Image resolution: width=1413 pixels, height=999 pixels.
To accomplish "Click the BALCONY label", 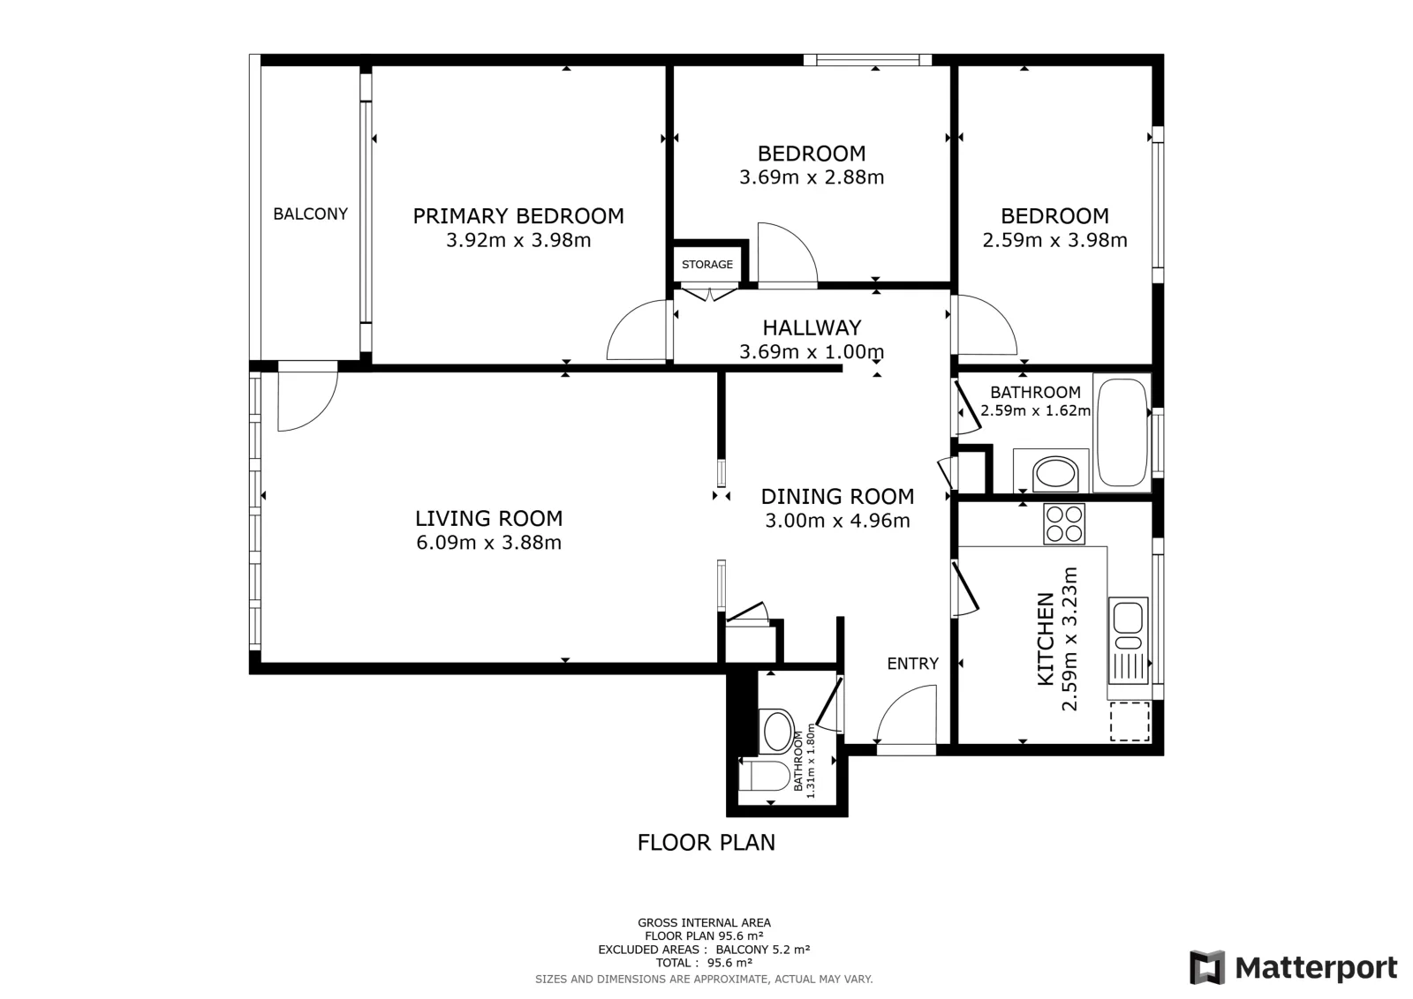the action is point(310,214).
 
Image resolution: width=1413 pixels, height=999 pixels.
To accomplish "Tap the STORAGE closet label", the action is point(707,265).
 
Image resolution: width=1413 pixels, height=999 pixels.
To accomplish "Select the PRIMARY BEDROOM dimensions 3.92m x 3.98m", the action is point(518,240).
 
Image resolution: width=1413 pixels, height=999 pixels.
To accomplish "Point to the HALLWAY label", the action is point(812,327).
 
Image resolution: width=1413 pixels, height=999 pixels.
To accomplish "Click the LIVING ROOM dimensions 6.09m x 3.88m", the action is point(489,543).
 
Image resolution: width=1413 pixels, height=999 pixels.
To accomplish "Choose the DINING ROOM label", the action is point(838,497).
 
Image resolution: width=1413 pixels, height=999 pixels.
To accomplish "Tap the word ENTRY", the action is point(913,664).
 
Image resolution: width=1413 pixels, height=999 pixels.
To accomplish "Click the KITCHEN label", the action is point(1046,639).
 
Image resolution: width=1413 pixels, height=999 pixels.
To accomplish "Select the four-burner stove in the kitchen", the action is point(1064,523).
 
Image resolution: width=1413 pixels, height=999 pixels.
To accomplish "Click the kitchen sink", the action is point(1128,641).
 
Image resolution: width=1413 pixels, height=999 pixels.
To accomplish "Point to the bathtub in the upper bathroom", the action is point(1122,432).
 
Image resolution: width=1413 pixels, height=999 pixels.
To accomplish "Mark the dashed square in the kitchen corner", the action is point(1130,722).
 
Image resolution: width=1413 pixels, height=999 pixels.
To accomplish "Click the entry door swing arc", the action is point(899,700).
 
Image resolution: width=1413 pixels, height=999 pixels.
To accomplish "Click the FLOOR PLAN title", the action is point(706,843).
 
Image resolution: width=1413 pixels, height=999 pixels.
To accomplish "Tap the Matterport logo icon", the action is point(1206,967).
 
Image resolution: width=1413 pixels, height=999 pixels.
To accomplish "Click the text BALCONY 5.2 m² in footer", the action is point(763,950).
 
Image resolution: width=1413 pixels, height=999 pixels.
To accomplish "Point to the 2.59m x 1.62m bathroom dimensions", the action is point(1035,411).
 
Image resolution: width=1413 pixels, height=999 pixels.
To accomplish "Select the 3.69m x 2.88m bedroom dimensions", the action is point(812,177).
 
